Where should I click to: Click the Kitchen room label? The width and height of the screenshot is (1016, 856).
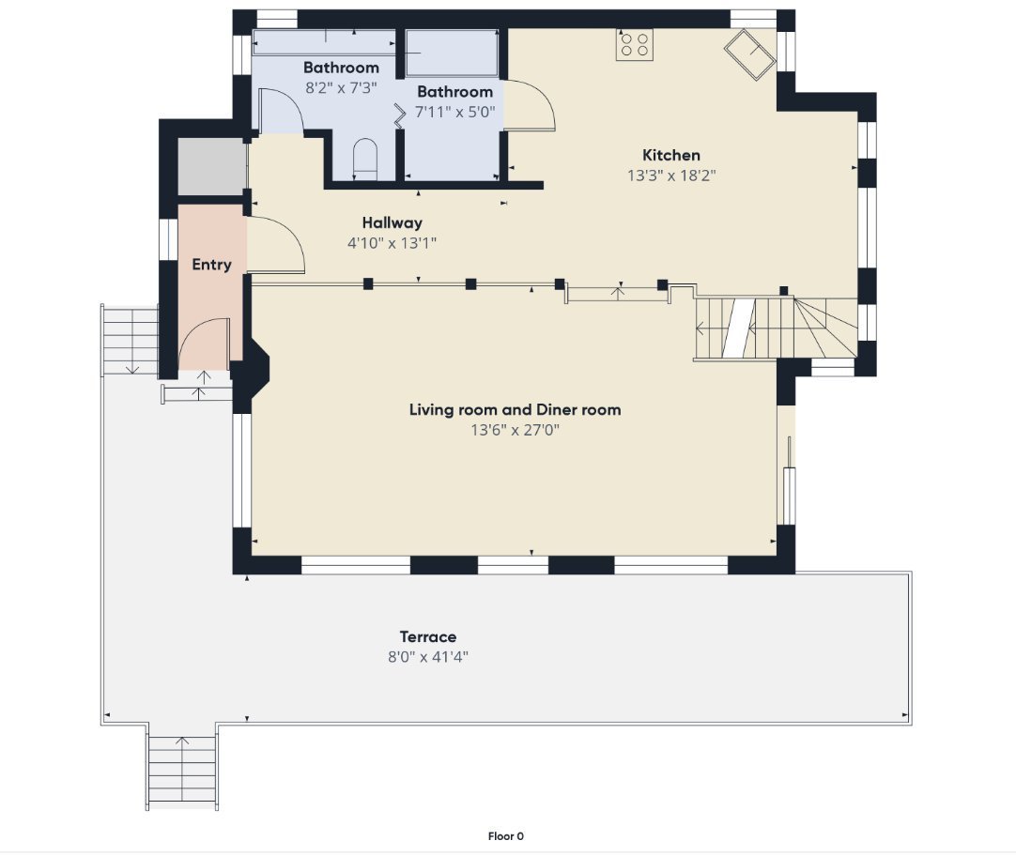[x=670, y=156]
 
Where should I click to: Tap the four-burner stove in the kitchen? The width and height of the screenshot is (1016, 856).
[x=635, y=45]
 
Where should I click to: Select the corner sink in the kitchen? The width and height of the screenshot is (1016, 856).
[x=749, y=54]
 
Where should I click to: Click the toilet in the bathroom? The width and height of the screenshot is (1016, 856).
[x=365, y=160]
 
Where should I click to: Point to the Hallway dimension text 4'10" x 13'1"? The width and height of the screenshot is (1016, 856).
[x=392, y=243]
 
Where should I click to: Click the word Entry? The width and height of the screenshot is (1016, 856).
[x=212, y=265]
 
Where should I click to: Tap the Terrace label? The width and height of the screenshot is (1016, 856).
[x=427, y=636]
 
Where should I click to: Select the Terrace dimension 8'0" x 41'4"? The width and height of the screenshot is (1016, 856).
[x=427, y=657]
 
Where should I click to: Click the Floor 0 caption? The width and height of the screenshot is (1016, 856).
[x=506, y=836]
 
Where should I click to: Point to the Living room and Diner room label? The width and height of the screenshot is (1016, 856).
[x=516, y=410]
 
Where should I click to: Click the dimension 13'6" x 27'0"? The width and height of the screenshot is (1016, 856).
[x=516, y=430]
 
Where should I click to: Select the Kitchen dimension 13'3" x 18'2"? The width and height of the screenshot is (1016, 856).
[x=671, y=176]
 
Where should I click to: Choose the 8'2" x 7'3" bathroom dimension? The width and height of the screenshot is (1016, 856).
[x=341, y=88]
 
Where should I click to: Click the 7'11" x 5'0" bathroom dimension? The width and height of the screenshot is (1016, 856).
[x=454, y=112]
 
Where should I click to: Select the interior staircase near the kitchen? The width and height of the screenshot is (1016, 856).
[x=777, y=328]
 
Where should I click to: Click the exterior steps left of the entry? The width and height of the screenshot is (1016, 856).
[x=131, y=340]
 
